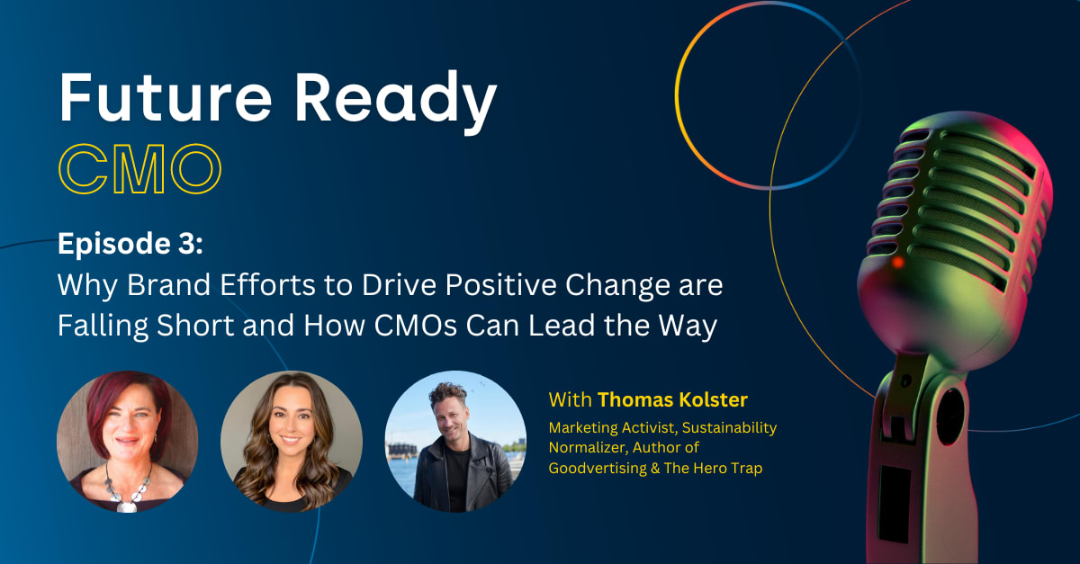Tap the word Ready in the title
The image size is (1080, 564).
point(396,102)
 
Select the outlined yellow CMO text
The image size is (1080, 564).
point(139,169)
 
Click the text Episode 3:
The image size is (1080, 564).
point(130,245)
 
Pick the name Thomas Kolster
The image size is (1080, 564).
point(672,399)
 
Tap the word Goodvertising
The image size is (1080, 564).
point(598,468)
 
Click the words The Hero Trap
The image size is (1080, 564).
point(713,468)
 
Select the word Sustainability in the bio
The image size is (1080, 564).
point(730,428)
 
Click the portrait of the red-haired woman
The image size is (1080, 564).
point(127,442)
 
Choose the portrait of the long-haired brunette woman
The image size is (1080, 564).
point(292,442)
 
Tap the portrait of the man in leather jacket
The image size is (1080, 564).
point(455,442)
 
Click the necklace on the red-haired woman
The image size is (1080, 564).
point(127,489)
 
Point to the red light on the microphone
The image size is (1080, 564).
point(897,263)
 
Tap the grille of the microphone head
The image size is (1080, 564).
point(959,202)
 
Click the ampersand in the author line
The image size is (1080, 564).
point(655,469)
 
